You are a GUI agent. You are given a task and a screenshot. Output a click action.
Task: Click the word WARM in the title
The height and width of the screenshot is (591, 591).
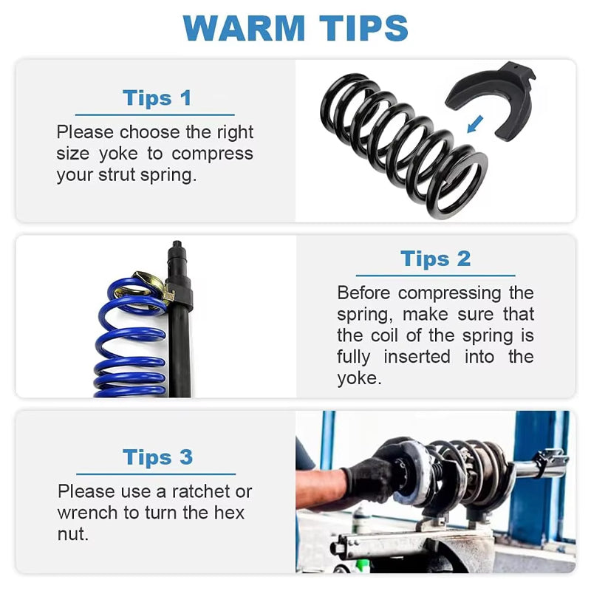coord(244,28)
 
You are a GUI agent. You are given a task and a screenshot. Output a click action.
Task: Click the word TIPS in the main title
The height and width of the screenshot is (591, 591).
coord(363,28)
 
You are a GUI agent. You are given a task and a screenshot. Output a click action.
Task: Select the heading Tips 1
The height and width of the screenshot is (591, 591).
coord(157,98)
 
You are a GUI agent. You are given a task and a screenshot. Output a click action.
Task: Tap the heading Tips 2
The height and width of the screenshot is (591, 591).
coord(435,259)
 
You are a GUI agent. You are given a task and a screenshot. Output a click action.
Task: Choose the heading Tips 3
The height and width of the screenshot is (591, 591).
coord(157,457)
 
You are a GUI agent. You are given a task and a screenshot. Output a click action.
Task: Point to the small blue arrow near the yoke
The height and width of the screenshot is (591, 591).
coord(474,124)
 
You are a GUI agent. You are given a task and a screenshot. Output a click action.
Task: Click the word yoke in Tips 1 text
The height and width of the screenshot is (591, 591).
coord(118,154)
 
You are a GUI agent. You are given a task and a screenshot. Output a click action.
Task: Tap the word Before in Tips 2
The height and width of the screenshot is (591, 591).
coord(363,293)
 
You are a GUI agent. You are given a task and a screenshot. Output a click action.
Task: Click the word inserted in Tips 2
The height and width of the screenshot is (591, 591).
coord(417,357)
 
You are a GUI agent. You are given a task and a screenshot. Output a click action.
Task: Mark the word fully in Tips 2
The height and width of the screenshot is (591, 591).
coord(354,358)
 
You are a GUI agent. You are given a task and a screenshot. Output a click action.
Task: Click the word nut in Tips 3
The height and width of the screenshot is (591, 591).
coord(72,534)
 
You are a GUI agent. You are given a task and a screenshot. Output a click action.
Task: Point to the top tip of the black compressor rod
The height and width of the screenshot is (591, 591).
coord(176,242)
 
